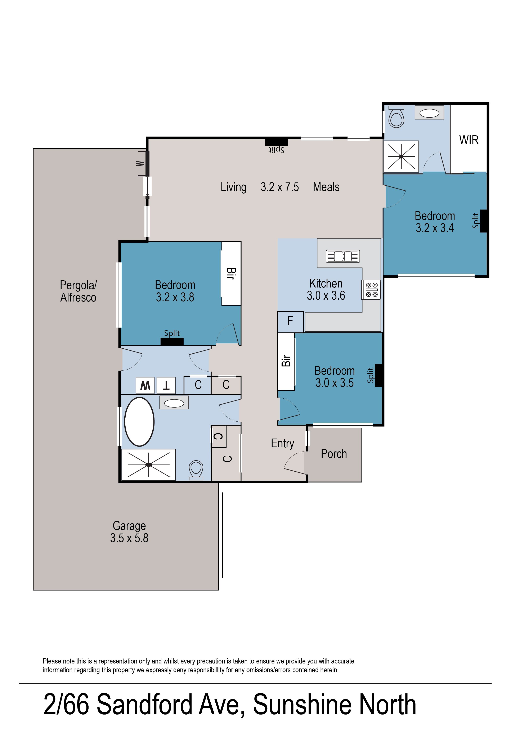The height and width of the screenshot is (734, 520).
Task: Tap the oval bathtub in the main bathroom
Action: click(x=139, y=421)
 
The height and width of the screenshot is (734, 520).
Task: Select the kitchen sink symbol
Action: click(x=343, y=256)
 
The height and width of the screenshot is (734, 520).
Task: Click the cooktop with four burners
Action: click(x=371, y=290)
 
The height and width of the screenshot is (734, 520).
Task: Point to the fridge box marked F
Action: click(x=290, y=322)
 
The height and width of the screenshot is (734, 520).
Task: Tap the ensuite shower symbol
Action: click(x=401, y=157)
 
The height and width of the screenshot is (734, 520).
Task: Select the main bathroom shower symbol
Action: click(x=149, y=465)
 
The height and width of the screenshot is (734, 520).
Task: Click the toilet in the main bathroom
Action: click(x=196, y=470)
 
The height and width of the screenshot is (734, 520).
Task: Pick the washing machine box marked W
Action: click(x=145, y=386)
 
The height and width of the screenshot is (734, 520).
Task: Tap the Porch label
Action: click(x=334, y=454)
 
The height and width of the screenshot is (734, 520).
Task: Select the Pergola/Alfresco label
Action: click(x=78, y=291)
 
